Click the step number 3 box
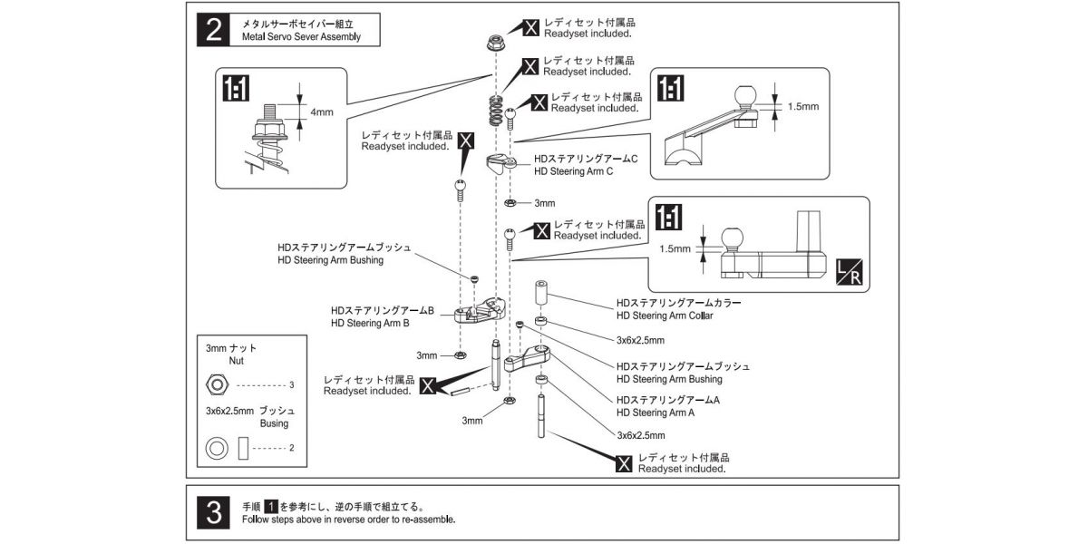pyautogui.click(x=214, y=514)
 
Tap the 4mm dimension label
pyautogui.click(x=322, y=112)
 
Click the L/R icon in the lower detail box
pyautogui.click(x=850, y=272)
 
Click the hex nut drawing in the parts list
pyautogui.click(x=216, y=384)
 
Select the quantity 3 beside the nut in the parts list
pyautogui.click(x=292, y=385)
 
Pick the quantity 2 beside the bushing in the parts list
pyautogui.click(x=292, y=447)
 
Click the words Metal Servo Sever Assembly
pyautogui.click(x=301, y=37)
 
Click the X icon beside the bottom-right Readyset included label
pyautogui.click(x=624, y=463)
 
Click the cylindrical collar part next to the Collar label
pyautogui.click(x=541, y=295)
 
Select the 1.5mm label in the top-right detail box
pyautogui.click(x=802, y=106)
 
